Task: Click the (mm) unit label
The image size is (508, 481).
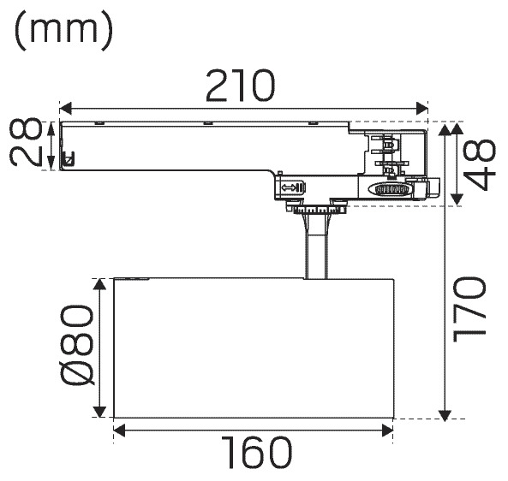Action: coord(63,30)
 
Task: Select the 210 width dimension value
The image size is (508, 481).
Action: coord(240,85)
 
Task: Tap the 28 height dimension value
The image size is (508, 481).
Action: coord(26,142)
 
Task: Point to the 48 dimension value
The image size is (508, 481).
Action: coord(480,165)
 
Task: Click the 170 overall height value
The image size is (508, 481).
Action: coord(469,310)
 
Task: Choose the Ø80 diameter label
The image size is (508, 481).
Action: coord(77,346)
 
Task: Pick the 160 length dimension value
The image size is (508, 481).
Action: coord(256,453)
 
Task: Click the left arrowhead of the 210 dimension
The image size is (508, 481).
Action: coord(65,109)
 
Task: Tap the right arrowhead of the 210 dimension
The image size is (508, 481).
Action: coord(421,109)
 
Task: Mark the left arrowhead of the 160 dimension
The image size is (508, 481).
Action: coord(119,431)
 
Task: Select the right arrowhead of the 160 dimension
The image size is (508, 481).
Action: coord(387,431)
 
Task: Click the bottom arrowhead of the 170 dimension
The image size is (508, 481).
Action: coord(445,415)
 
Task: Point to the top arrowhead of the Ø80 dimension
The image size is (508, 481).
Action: coord(99,284)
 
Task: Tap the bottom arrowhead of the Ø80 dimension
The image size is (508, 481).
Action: coord(99,412)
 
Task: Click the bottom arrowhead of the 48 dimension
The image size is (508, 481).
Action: coord(457,199)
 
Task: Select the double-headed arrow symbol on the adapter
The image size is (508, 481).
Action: coord(289,187)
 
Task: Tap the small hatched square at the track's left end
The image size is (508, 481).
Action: coord(69,159)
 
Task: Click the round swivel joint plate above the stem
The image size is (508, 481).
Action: coord(320,211)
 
